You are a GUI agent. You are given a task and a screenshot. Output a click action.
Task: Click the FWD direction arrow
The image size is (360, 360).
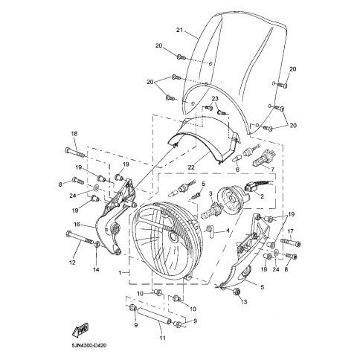click(80, 330)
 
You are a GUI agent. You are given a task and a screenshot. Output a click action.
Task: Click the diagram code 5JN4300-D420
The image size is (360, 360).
click(88, 345)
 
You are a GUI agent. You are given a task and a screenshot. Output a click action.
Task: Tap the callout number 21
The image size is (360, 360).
click(179, 30)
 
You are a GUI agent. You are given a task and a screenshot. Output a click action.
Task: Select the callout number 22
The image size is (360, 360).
click(191, 167)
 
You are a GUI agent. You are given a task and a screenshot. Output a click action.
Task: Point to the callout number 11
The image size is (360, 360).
click(162, 338)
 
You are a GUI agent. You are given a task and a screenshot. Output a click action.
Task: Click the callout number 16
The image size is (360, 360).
click(77, 225)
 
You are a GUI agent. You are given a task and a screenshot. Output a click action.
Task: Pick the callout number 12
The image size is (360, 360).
click(72, 263)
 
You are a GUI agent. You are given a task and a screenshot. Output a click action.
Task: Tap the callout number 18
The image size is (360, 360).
click(74, 134)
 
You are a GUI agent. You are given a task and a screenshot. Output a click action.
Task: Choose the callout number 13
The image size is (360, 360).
click(244, 302)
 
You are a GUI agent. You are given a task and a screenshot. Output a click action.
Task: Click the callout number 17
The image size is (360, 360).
click(290, 231)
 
